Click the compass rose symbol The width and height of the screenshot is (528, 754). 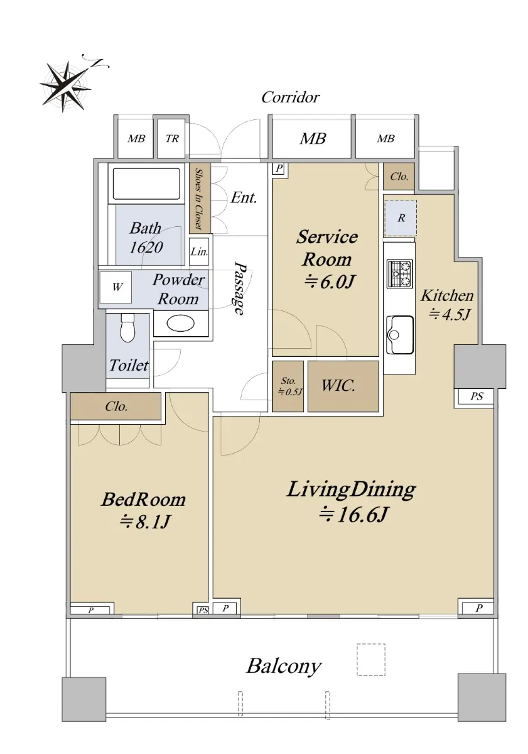click(66, 86)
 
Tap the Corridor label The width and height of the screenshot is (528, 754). click(290, 97)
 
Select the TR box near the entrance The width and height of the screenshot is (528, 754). click(171, 138)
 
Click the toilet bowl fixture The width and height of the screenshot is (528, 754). click(127, 327)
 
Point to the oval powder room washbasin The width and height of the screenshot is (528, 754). click(180, 324)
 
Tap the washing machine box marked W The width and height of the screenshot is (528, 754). click(117, 287)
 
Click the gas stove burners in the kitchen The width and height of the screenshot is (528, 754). click(399, 273)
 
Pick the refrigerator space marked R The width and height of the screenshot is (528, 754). click(401, 218)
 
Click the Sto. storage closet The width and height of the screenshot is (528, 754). click(288, 386)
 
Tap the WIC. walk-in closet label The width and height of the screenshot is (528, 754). click(338, 386)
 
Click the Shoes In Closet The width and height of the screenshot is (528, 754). click(200, 199)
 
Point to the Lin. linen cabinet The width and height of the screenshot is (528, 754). click(199, 251)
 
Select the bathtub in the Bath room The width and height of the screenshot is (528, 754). click(146, 183)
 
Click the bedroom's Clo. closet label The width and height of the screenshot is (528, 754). click(116, 407)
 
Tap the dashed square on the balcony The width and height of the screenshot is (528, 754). click(370, 659)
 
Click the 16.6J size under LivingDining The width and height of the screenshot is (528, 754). click(354, 515)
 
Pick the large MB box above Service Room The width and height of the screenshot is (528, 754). click(313, 138)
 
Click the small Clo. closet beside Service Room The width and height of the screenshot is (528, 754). click(399, 177)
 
